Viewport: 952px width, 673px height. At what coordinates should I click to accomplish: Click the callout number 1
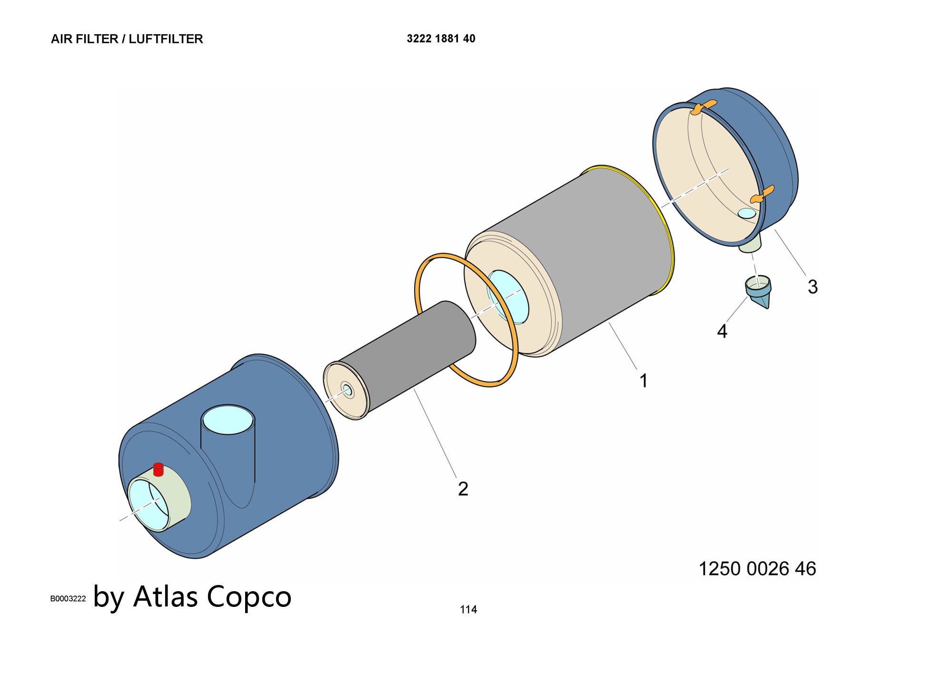tap(644, 381)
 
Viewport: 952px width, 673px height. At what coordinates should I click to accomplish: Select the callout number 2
tap(463, 489)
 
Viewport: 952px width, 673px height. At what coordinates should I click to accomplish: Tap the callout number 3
tap(813, 287)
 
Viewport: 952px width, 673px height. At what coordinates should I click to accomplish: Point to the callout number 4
tap(722, 332)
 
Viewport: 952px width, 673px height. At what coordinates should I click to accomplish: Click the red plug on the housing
tap(159, 469)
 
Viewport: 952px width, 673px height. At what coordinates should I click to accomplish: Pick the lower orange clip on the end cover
tap(762, 195)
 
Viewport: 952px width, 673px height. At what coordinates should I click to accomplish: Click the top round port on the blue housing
tap(228, 419)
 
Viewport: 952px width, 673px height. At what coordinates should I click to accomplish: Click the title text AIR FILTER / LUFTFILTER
tap(127, 39)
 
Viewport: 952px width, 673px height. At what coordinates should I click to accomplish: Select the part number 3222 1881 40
tap(441, 39)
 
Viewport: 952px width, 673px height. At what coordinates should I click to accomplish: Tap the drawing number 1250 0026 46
tap(757, 569)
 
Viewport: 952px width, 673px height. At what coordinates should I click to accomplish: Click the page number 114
tap(468, 609)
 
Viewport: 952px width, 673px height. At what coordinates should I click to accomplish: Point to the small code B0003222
tap(68, 599)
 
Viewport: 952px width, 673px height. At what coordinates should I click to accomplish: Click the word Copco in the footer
tap(249, 596)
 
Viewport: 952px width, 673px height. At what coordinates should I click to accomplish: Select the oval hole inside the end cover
tap(747, 213)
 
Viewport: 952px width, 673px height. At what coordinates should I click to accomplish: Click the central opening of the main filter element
tap(507, 297)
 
